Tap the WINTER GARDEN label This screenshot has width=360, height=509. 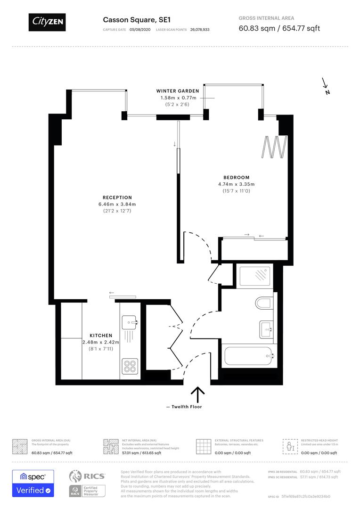pyautogui.click(x=178, y=91)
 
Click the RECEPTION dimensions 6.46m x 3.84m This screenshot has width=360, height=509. pyautogui.click(x=117, y=204)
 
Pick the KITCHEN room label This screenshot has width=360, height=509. pyautogui.click(x=101, y=335)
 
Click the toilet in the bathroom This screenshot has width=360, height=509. pyautogui.click(x=262, y=302)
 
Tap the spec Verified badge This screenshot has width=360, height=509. pyautogui.click(x=33, y=483)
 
